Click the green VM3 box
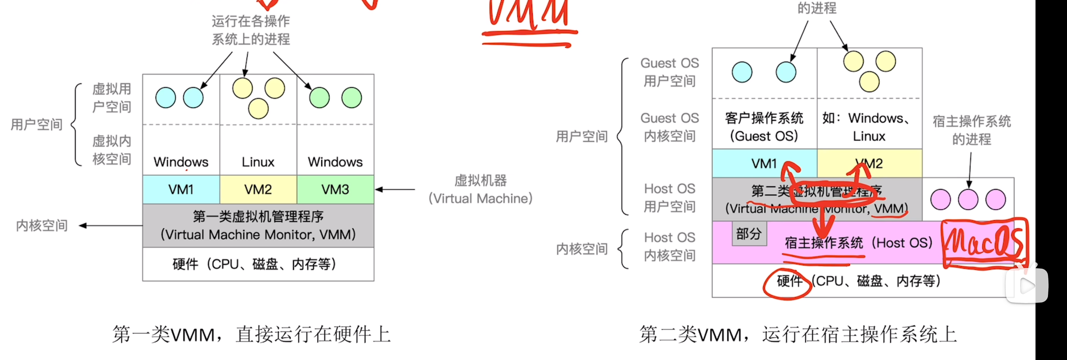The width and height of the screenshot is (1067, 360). [x=335, y=189]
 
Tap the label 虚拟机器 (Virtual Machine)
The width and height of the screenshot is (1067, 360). [x=480, y=189]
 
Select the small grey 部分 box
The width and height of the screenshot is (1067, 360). [x=749, y=234]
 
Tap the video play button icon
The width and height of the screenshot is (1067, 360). [x=1027, y=286]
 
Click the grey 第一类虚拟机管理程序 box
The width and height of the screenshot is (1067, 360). [x=258, y=225]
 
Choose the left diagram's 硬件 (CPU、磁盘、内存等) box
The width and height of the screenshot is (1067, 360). [x=258, y=264]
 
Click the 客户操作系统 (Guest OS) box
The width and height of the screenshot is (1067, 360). [x=764, y=127]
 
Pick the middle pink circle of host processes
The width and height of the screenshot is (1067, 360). [x=968, y=200]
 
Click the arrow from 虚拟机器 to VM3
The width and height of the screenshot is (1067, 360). [x=395, y=189]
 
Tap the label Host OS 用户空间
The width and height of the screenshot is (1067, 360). [x=669, y=198]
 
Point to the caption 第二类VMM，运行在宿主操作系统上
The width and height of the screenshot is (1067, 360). [x=798, y=334]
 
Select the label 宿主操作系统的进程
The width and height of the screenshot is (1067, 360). [x=971, y=130]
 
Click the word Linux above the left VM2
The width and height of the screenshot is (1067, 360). [x=258, y=162]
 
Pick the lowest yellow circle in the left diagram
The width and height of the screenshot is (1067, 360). [x=258, y=108]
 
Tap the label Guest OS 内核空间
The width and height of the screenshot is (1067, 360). [x=669, y=127]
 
